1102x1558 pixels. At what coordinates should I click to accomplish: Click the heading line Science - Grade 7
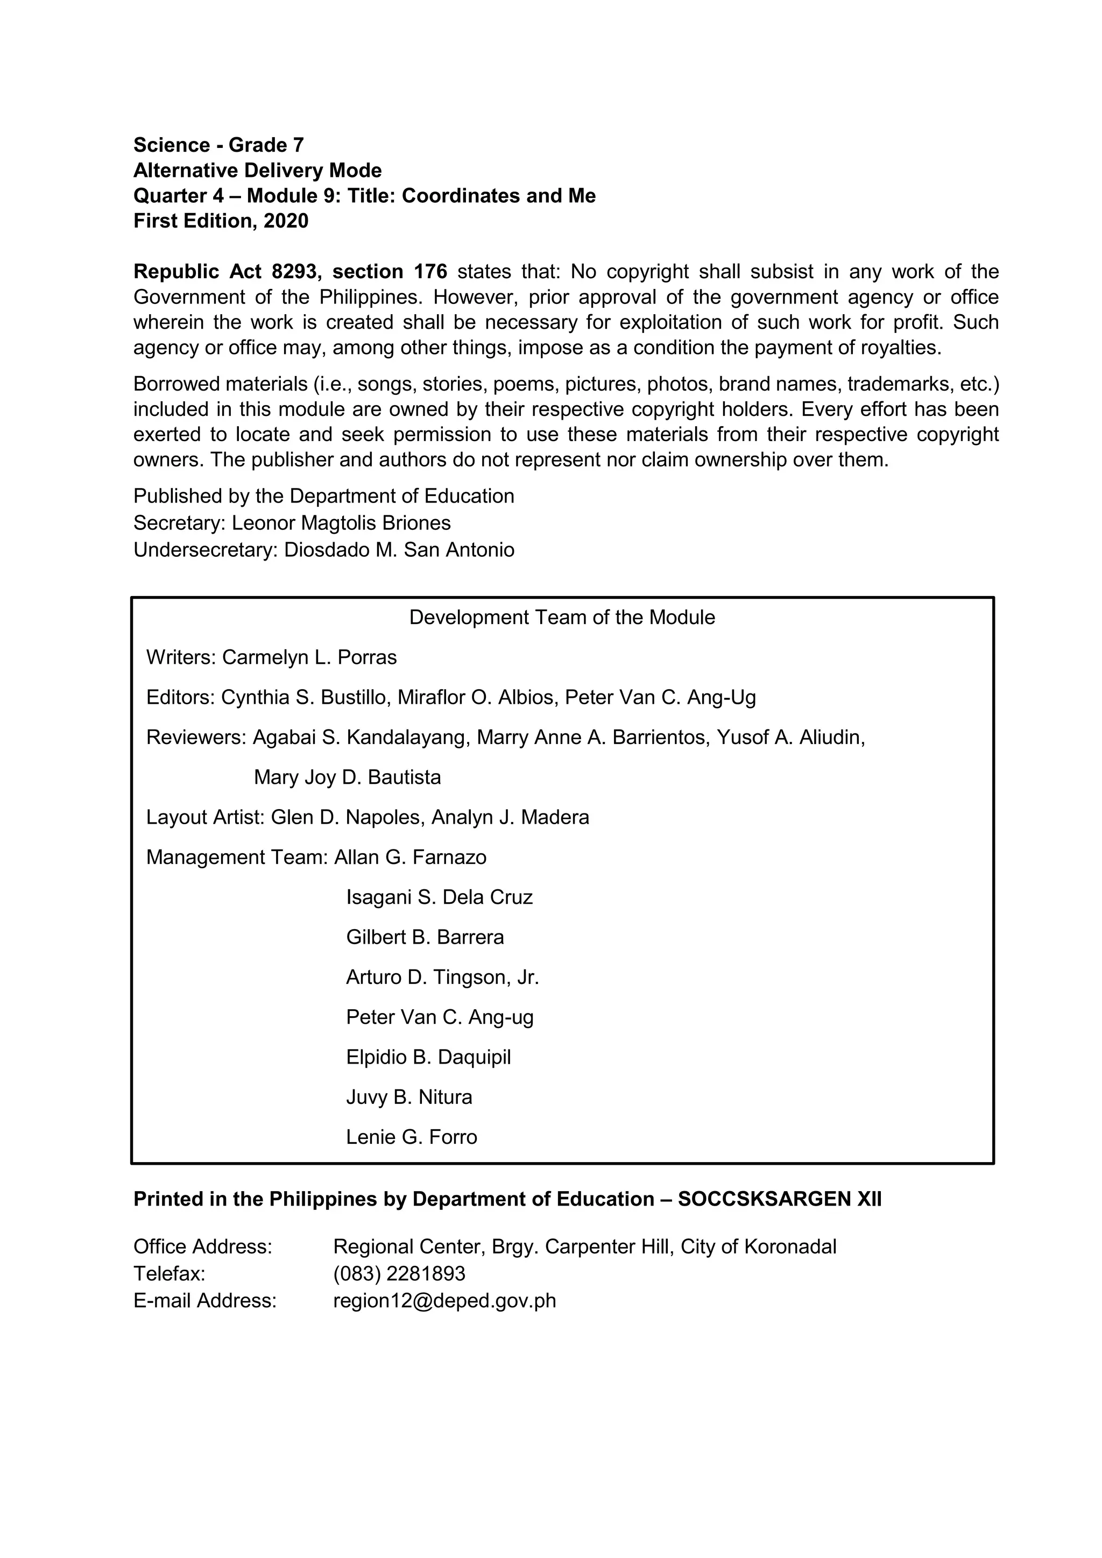[218, 145]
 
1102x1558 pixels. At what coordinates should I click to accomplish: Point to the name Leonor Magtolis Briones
[341, 523]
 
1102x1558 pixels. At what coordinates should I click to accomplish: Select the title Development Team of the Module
[562, 618]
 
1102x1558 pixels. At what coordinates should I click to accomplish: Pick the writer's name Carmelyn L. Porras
[309, 657]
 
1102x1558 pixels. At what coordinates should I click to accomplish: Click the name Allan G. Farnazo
[410, 858]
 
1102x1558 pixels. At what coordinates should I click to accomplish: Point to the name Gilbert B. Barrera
[425, 938]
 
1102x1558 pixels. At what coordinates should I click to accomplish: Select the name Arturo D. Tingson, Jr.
[442, 978]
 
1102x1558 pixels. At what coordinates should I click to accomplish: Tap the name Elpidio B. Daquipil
[428, 1058]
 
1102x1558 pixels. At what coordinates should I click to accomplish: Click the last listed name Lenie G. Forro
[411, 1137]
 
